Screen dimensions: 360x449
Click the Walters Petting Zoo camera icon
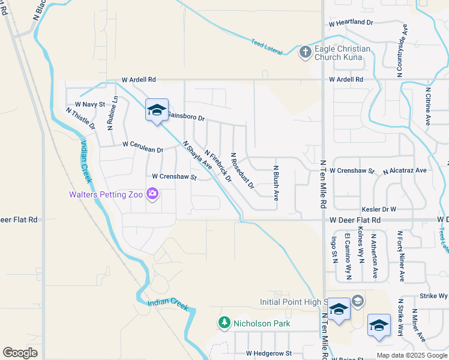tap(152, 193)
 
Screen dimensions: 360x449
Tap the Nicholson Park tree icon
tap(224, 323)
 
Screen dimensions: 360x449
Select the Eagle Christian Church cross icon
tap(305, 52)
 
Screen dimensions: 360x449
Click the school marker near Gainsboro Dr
tap(157, 111)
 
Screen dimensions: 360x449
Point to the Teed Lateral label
tap(267, 47)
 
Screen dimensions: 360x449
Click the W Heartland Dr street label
tap(351, 22)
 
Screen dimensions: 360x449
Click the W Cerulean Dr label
tap(143, 145)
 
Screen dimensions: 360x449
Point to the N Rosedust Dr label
tap(243, 170)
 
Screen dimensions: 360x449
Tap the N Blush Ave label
tap(276, 183)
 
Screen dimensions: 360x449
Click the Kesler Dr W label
tap(379, 209)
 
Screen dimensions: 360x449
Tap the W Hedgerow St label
tap(268, 354)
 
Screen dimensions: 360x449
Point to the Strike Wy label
tap(434, 296)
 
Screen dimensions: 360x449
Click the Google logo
tap(20, 353)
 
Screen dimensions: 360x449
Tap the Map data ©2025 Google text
tap(412, 355)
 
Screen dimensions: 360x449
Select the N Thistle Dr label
tap(80, 118)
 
